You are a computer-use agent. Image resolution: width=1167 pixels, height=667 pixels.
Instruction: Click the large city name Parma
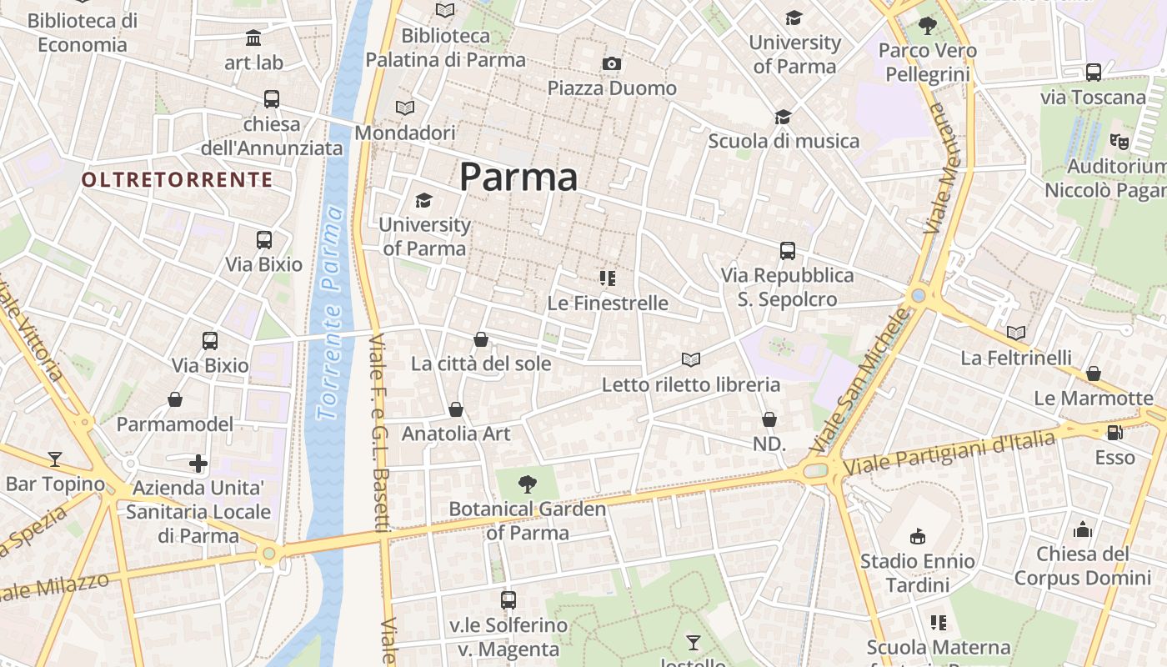(x=518, y=177)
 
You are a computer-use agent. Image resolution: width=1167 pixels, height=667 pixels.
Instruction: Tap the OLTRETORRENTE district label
(x=177, y=179)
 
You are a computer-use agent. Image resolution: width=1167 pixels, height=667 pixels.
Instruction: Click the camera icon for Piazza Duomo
(x=612, y=64)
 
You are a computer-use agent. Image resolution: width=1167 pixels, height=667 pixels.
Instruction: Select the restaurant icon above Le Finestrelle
(x=608, y=278)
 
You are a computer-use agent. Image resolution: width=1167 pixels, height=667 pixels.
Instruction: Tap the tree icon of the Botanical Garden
(x=527, y=484)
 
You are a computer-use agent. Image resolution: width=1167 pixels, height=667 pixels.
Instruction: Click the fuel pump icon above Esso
(x=1114, y=433)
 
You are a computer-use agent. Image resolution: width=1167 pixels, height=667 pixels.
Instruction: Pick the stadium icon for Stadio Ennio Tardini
(x=918, y=536)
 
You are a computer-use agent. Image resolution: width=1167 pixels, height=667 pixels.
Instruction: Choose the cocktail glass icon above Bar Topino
(x=55, y=459)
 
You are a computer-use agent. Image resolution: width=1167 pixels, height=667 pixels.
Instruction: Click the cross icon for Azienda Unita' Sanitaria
(x=198, y=463)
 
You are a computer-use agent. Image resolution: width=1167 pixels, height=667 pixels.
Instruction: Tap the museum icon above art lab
(x=253, y=38)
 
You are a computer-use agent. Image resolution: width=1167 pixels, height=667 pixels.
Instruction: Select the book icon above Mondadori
(x=405, y=108)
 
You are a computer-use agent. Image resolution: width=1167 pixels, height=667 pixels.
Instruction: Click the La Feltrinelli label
(x=1016, y=358)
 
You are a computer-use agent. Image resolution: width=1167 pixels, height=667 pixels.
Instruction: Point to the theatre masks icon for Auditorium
(x=1119, y=142)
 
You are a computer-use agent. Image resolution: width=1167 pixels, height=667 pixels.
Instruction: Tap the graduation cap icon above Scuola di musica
(x=783, y=118)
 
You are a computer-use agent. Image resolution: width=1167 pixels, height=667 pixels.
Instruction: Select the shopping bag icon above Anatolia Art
(x=456, y=409)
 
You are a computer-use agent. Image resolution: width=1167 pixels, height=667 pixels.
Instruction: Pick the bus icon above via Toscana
(x=1094, y=73)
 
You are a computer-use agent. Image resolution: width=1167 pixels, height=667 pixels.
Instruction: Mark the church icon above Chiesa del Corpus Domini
(x=1083, y=529)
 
